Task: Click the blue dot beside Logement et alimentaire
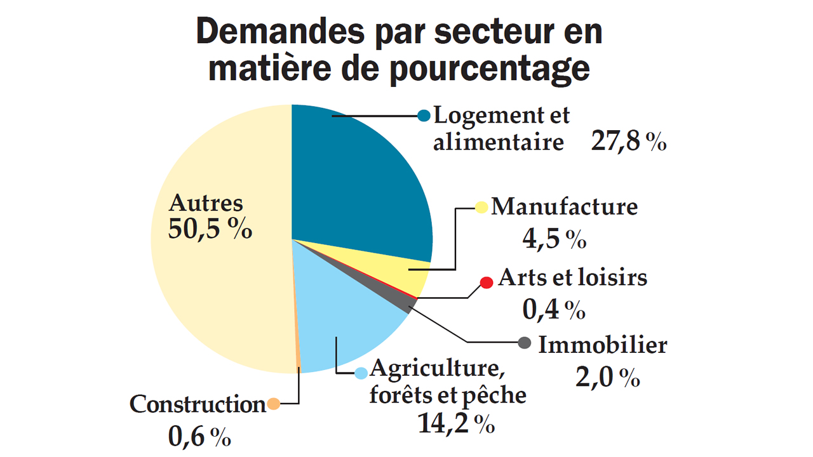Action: (x=424, y=116)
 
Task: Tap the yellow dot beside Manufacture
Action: (x=482, y=207)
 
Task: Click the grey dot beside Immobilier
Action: (x=524, y=343)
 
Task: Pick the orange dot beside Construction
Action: (x=274, y=404)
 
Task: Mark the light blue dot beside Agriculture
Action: (x=361, y=373)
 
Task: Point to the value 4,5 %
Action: (x=553, y=239)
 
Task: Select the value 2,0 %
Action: (x=607, y=378)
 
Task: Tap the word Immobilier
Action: (x=603, y=345)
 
